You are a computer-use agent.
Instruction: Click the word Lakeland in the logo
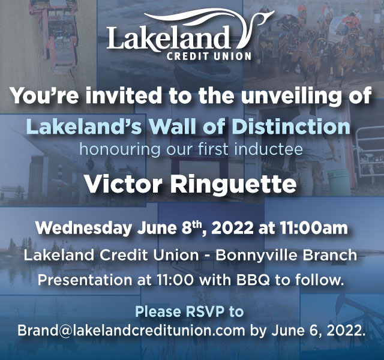[168, 37]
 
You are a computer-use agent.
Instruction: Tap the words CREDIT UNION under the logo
[209, 56]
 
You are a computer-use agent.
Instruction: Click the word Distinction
[291, 126]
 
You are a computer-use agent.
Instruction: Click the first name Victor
[123, 184]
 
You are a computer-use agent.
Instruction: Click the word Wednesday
[83, 229]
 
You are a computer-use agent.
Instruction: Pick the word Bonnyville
[257, 255]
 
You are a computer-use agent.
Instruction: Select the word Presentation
[85, 280]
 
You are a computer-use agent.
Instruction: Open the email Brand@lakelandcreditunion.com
[131, 331]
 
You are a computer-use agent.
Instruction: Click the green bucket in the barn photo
[338, 181]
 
